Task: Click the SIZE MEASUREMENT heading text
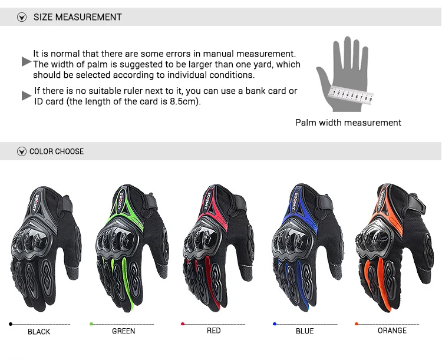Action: coord(77,17)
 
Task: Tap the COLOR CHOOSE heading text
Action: coord(57,151)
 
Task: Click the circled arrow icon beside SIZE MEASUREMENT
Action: coord(22,17)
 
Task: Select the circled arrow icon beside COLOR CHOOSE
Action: coord(22,151)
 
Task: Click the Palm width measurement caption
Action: coord(348,123)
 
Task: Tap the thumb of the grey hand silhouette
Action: coord(322,77)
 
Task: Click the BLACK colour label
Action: coord(39,332)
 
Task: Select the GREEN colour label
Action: coord(124,331)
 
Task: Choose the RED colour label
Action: coord(213,331)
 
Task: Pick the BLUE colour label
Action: coord(305,331)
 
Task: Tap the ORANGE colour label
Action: coord(392,331)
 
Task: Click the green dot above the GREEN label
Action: coord(91,324)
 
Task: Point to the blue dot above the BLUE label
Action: coord(275,323)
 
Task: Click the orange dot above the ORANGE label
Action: coord(357,323)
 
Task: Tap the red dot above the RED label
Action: coord(183,323)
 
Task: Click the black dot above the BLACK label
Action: coord(11,324)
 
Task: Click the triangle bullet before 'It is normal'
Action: coord(26,61)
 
